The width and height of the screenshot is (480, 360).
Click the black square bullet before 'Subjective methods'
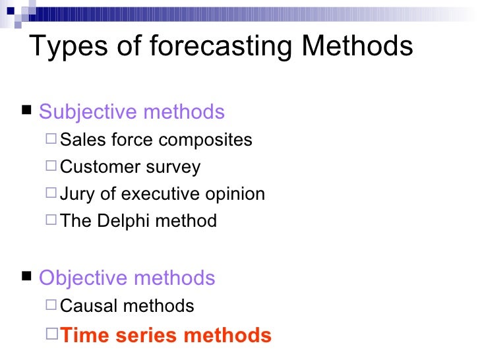(x=27, y=111)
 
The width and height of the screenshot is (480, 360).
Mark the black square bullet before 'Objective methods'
(x=27, y=276)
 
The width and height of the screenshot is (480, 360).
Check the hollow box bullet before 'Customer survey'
(x=51, y=167)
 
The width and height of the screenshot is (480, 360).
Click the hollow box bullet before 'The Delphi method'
(x=51, y=220)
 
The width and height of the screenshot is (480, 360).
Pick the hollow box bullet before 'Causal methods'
(x=51, y=305)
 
